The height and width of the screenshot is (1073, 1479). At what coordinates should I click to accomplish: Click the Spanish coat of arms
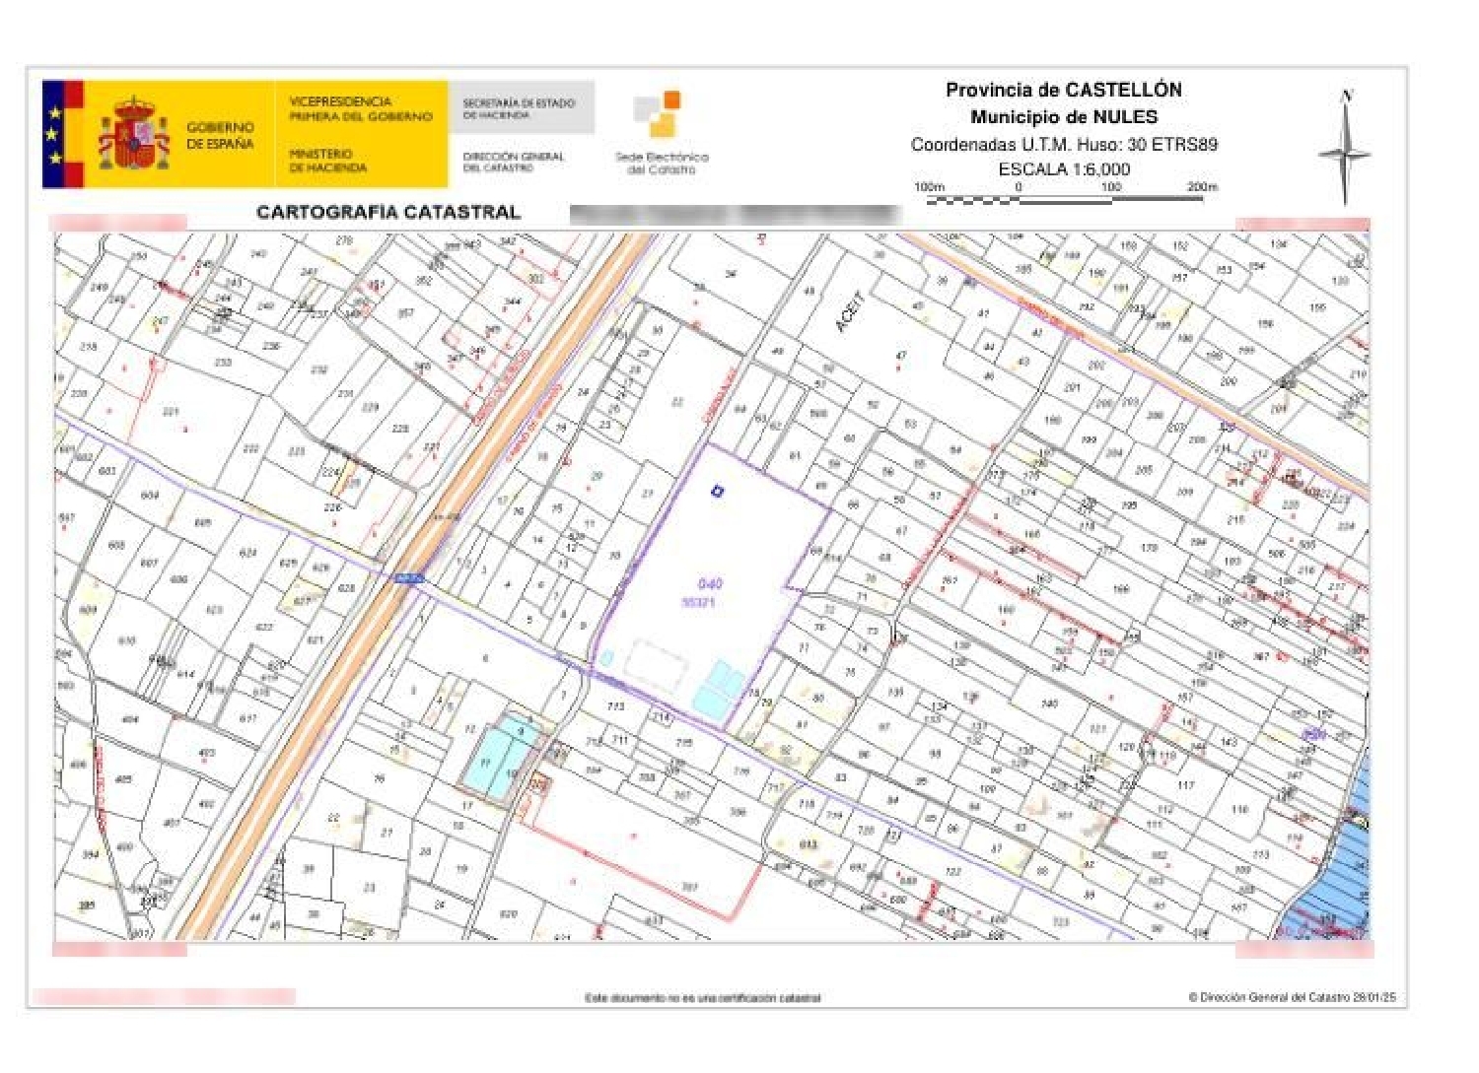tap(133, 134)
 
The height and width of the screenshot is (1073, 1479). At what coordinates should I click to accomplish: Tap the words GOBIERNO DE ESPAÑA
tap(220, 135)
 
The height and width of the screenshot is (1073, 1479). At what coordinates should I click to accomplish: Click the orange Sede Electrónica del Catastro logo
tap(659, 112)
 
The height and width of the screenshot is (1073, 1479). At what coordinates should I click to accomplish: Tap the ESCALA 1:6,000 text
tap(1064, 168)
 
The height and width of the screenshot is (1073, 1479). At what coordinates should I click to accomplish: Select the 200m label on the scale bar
tap(1201, 186)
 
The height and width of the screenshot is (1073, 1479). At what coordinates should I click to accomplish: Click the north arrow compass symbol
tap(1345, 148)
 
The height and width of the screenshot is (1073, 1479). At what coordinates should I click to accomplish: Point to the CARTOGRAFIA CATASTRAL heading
tap(387, 212)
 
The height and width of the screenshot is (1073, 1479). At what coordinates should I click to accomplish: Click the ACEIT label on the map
tap(849, 311)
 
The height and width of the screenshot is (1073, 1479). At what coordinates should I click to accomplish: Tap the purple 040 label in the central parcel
tap(709, 583)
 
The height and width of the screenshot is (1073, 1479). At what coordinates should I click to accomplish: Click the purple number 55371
tap(698, 602)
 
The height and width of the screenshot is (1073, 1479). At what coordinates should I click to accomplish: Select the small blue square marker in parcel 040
tap(717, 490)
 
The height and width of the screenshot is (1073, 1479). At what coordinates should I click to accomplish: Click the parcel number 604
tap(150, 495)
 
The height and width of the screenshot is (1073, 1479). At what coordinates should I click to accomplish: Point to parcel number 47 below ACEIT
tap(900, 356)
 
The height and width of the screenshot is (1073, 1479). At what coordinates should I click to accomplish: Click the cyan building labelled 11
tap(485, 762)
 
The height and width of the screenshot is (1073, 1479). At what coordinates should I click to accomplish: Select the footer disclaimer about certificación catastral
tap(702, 998)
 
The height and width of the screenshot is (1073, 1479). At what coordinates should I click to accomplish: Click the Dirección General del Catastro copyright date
tap(1292, 997)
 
